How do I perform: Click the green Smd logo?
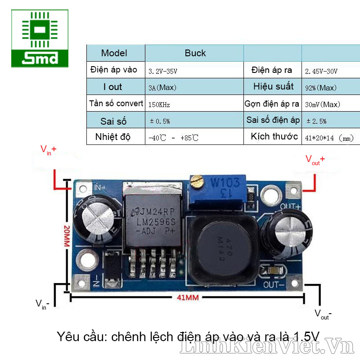tap(40, 39)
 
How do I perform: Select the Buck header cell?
tap(195, 53)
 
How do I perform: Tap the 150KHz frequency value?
tap(159, 104)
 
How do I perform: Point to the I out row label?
tap(112, 87)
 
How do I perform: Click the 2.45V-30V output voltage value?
tap(321, 71)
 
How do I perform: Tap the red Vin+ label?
tap(49, 149)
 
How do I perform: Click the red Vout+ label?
tap(315, 159)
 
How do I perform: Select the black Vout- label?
tap(323, 314)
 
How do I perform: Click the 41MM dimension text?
tap(188, 298)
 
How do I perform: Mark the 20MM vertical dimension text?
tap(67, 237)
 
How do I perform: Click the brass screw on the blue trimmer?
tap(196, 182)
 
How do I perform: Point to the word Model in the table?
tap(114, 53)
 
